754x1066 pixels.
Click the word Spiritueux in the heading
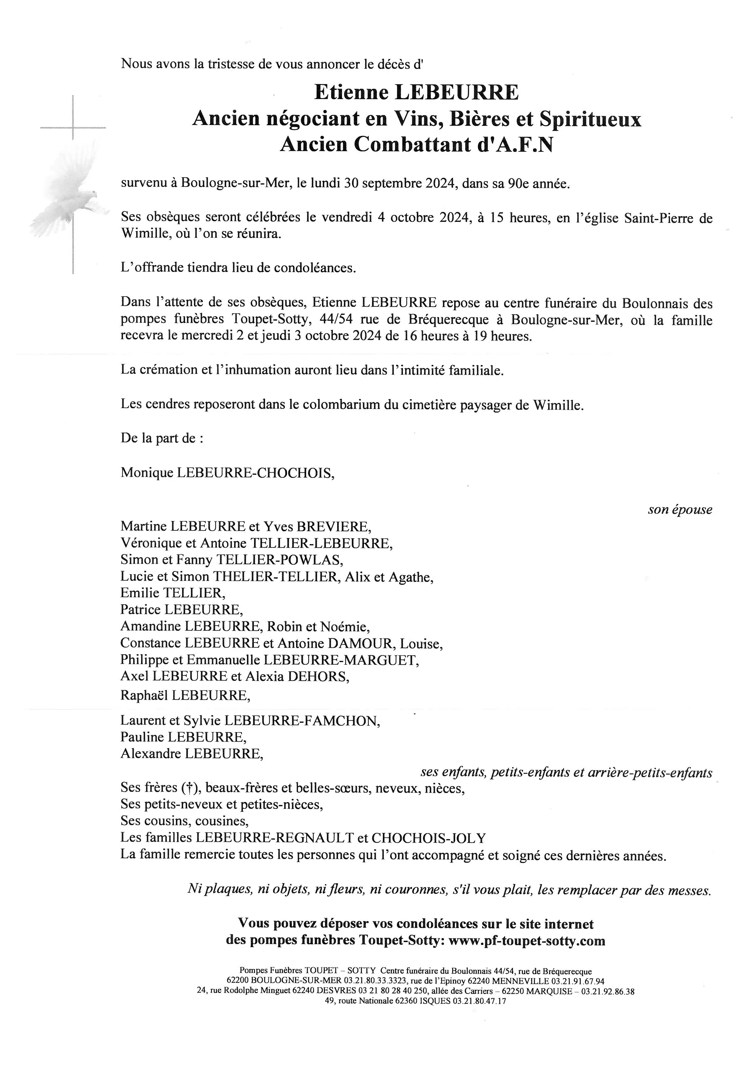pyautogui.click(x=590, y=119)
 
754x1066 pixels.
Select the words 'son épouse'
pyautogui.click(x=680, y=510)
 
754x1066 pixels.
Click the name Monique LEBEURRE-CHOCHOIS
pyautogui.click(x=227, y=473)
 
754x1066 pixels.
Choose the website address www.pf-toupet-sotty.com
pyautogui.click(x=527, y=941)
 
